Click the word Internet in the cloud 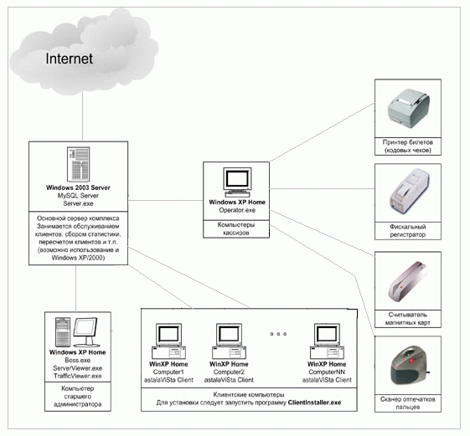(x=69, y=59)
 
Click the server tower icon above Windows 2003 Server (x=78, y=164)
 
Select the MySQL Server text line (x=78, y=196)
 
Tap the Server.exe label (x=78, y=203)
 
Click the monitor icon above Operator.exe (x=237, y=182)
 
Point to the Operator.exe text (x=237, y=210)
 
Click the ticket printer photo (x=408, y=108)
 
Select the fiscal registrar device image (x=410, y=191)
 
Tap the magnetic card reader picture (x=408, y=281)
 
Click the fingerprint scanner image (x=410, y=366)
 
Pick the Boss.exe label (x=78, y=360)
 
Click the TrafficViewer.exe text (x=78, y=376)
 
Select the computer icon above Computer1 (x=168, y=341)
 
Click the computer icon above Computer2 (x=229, y=341)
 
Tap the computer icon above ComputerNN (x=327, y=341)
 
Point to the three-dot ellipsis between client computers (x=278, y=334)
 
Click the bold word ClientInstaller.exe (x=314, y=403)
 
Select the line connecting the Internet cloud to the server (x=82, y=116)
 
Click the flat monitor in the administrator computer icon (x=85, y=331)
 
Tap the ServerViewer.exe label (x=78, y=368)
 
